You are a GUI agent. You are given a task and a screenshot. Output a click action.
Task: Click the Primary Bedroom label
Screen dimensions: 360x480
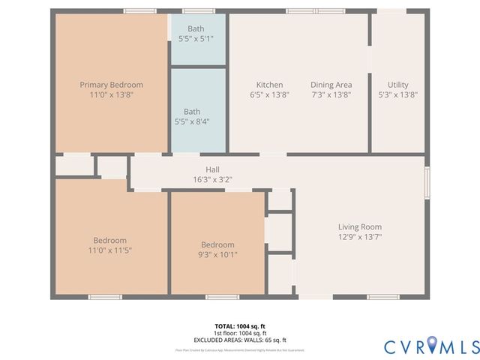click(x=111, y=85)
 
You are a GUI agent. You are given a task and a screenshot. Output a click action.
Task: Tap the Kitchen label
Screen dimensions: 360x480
click(x=269, y=85)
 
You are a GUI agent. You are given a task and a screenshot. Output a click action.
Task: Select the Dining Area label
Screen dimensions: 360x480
click(x=331, y=85)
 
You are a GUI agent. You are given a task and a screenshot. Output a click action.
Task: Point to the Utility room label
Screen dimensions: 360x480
click(x=397, y=85)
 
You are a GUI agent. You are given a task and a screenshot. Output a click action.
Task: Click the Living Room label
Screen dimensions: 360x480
click(x=359, y=226)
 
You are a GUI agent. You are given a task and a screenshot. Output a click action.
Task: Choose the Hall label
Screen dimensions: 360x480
click(x=212, y=169)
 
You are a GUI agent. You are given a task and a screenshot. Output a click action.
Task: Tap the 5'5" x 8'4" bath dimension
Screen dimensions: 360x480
click(x=197, y=121)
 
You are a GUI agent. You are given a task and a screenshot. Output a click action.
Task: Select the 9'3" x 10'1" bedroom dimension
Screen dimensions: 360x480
click(x=217, y=254)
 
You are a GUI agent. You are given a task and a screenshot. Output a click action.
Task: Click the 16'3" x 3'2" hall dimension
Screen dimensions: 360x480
click(x=212, y=180)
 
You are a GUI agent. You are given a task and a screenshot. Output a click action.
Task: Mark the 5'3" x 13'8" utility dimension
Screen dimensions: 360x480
click(x=397, y=95)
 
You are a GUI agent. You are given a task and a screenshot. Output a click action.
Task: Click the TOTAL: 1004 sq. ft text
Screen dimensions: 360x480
click(x=240, y=326)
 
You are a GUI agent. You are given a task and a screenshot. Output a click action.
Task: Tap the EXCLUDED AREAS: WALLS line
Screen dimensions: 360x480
click(x=240, y=340)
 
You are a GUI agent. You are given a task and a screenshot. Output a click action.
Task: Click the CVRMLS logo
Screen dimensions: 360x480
click(x=431, y=346)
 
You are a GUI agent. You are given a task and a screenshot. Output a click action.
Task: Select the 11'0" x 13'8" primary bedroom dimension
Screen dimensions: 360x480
click(x=111, y=95)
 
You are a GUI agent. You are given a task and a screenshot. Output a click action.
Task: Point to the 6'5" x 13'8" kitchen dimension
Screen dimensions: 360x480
click(x=269, y=95)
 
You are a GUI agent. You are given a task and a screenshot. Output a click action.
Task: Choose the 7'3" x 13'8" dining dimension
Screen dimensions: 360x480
click(x=331, y=95)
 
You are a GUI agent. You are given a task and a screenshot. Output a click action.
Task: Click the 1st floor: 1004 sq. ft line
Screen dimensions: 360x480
click(x=240, y=333)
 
